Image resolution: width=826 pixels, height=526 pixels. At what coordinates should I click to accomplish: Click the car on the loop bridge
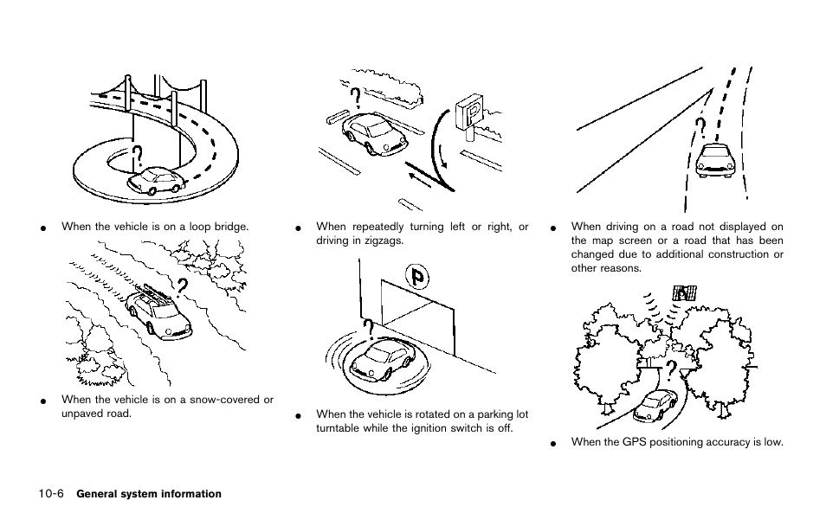pos(157,180)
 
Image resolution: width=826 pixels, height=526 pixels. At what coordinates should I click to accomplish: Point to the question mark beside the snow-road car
pos(181,289)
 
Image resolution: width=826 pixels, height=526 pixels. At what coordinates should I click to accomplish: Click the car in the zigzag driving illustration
pos(374,134)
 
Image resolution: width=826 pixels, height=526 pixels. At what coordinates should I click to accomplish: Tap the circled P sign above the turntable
pos(417,278)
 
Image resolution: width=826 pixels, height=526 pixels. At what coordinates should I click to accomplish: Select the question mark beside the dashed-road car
pos(700,130)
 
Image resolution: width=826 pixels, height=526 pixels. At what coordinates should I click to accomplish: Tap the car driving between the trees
pos(655,407)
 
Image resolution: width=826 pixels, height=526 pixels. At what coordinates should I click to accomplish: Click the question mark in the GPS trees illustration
pos(671,372)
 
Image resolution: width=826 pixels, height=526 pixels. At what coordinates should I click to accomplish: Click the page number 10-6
pos(51,494)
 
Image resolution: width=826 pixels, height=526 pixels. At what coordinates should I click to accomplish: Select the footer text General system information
pos(149,494)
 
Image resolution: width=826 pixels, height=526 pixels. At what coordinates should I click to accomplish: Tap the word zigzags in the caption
pos(384,241)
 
